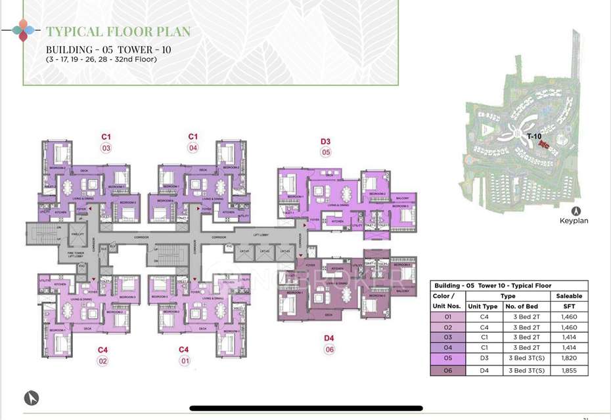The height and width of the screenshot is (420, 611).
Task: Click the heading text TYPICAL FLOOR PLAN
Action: (x=118, y=31)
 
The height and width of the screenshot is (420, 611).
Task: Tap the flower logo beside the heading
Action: (x=23, y=30)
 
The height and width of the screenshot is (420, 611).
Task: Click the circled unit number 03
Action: (x=106, y=148)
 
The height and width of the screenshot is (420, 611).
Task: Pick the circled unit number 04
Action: (x=193, y=148)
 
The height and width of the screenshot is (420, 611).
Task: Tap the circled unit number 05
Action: (x=325, y=153)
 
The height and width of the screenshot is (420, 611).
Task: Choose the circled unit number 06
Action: (x=329, y=350)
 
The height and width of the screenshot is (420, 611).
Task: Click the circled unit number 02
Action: (x=103, y=361)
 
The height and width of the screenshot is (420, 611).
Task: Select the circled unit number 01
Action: (x=185, y=361)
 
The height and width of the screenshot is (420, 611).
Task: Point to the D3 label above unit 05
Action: (x=325, y=141)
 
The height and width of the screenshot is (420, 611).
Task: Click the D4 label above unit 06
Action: (x=329, y=338)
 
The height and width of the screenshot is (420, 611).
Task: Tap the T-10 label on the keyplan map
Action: (x=533, y=136)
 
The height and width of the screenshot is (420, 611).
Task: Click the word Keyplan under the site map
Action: (x=574, y=220)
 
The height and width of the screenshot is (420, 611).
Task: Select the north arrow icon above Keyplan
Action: (x=576, y=211)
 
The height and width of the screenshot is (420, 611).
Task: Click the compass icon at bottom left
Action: (x=32, y=398)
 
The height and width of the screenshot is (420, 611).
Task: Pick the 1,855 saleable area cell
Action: (x=569, y=370)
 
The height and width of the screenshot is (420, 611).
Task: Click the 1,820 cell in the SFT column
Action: (x=569, y=359)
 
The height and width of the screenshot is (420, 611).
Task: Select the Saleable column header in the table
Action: (x=569, y=296)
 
